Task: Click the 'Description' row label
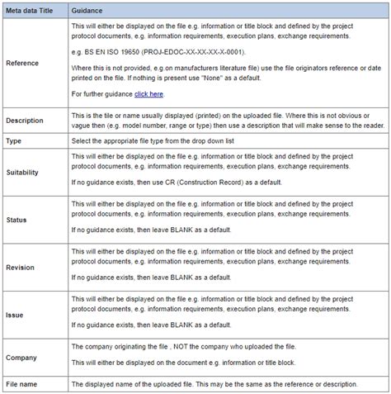tap(26, 121)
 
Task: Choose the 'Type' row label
tap(15, 141)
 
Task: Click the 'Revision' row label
tap(21, 268)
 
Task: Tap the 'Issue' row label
tap(16, 315)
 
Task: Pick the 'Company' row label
tap(22, 357)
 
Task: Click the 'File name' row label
tap(23, 384)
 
